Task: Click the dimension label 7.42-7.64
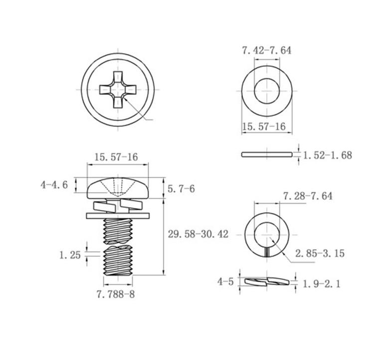pos(267,50)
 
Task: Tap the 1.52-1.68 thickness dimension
pos(328,155)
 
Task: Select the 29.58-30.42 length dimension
pos(198,234)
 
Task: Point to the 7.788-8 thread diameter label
pos(116,294)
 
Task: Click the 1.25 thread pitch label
pos(70,255)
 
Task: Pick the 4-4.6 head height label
pos(54,185)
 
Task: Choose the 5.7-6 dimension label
pos(182,189)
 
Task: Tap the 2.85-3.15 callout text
pos(320,253)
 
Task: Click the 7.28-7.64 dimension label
pos(308,196)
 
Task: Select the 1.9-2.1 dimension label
pos(322,284)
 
